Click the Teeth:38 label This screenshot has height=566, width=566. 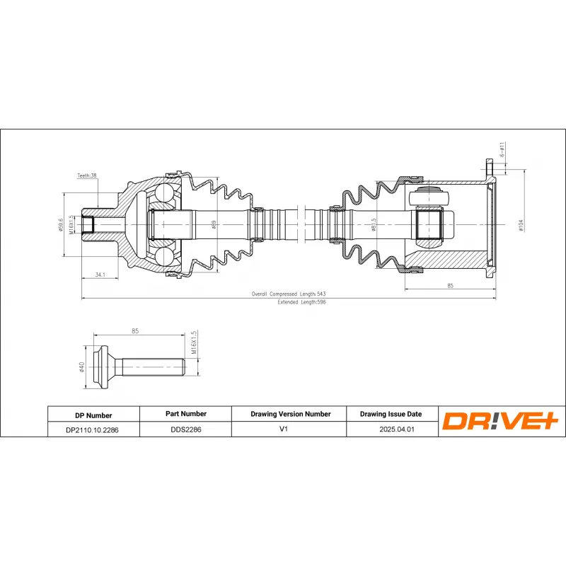87,175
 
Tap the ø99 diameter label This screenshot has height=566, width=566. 214,224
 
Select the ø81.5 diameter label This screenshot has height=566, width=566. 373,226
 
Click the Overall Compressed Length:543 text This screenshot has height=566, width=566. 289,294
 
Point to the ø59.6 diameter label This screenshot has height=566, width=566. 62,224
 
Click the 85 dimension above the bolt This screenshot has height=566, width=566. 134,330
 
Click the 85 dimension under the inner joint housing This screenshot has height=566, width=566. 449,286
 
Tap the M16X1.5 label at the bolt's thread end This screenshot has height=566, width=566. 193,345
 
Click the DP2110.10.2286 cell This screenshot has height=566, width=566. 93,429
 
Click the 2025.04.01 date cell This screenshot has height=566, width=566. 391,429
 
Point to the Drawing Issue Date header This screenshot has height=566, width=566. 391,414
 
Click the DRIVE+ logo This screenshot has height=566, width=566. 501,422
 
